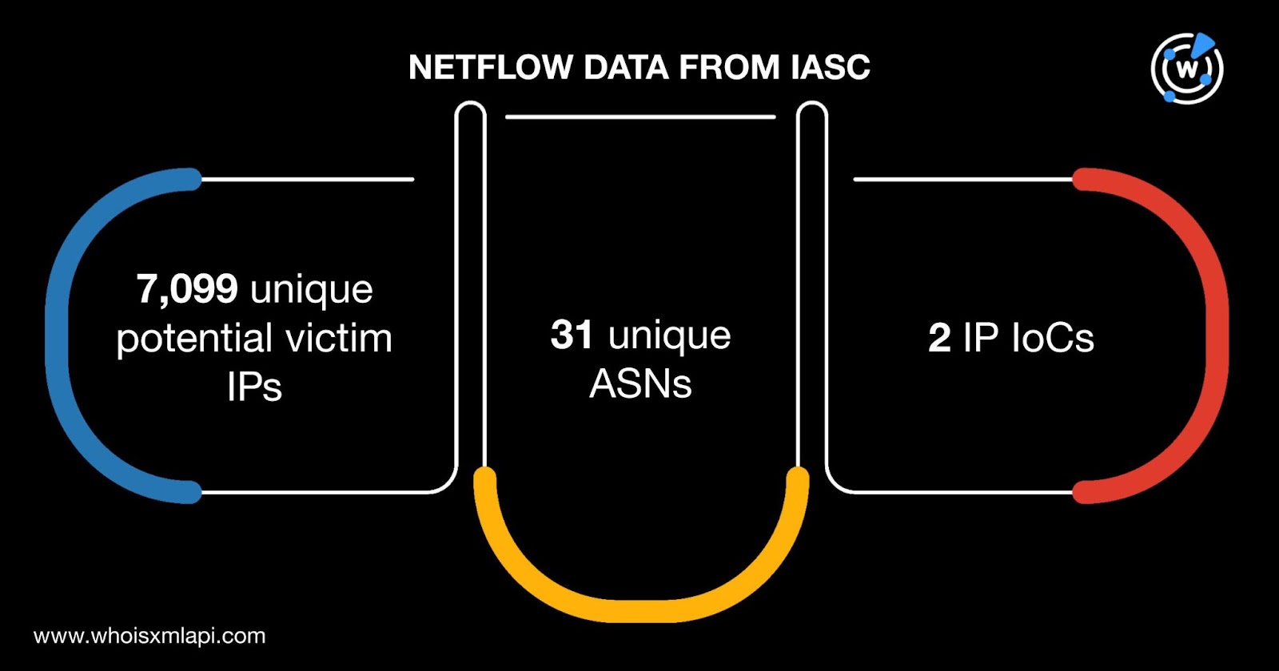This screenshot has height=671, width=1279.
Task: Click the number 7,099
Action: click(x=187, y=288)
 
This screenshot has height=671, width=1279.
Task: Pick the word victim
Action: click(x=339, y=339)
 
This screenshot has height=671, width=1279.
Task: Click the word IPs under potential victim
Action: click(x=254, y=387)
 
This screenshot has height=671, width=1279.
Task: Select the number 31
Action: click(x=572, y=335)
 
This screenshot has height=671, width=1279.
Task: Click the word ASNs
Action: click(x=640, y=384)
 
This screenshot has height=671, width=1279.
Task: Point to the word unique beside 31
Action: click(x=669, y=336)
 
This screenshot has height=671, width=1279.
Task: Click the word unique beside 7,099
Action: click(x=311, y=289)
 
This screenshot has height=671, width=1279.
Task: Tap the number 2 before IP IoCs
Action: click(x=939, y=339)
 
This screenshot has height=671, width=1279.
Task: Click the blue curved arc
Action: click(x=60, y=335)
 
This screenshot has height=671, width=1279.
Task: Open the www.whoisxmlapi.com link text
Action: click(x=149, y=636)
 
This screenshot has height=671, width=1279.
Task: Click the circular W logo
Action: click(x=1187, y=69)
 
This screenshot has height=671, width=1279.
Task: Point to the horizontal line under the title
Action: click(x=640, y=117)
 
